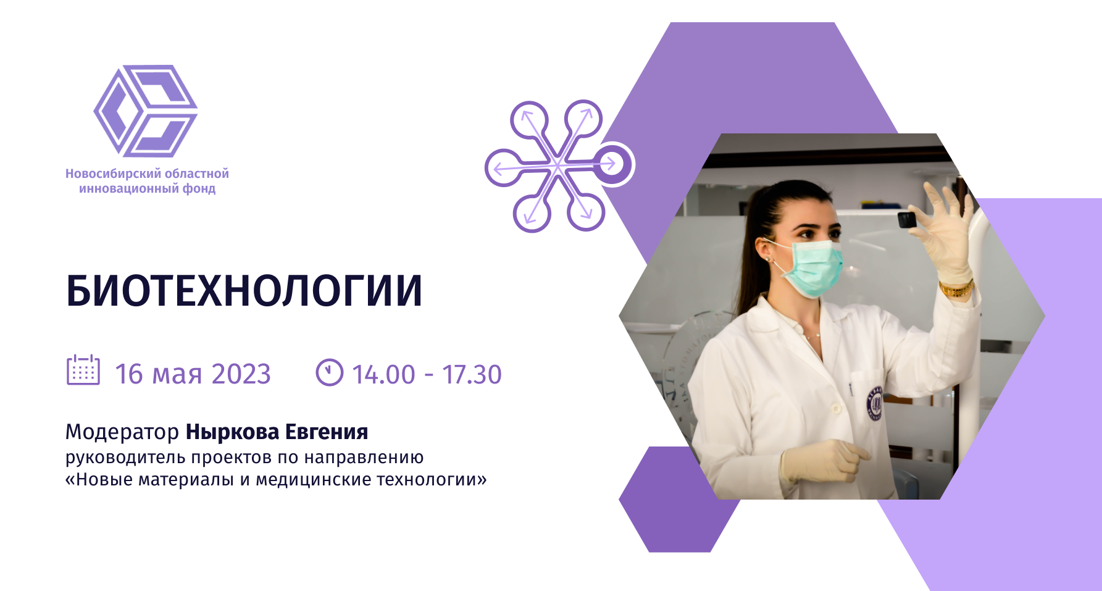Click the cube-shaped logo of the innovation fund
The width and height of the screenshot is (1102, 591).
coord(146,111)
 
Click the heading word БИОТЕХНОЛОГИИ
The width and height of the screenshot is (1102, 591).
coord(244,291)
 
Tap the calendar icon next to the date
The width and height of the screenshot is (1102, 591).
coord(83,371)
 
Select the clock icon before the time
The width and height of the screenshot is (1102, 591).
coord(329,372)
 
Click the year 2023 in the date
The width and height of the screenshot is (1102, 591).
coord(241,374)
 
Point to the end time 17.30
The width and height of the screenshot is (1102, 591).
coord(472,374)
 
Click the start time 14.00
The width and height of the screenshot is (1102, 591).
coord(383,374)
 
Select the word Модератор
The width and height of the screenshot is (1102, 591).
coord(122,432)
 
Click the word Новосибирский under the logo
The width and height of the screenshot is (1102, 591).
coord(112,174)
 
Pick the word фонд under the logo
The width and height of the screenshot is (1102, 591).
coord(199,188)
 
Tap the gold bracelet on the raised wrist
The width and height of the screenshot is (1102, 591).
coord(956,288)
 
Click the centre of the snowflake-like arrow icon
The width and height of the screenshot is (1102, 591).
coord(558,166)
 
